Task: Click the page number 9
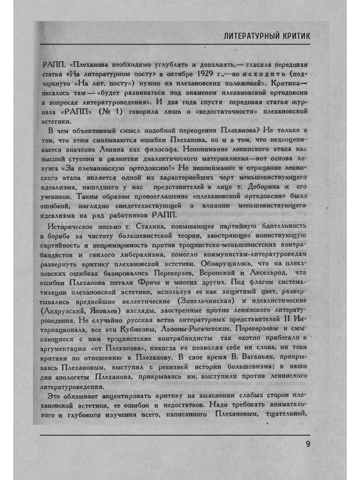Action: (308, 444)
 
